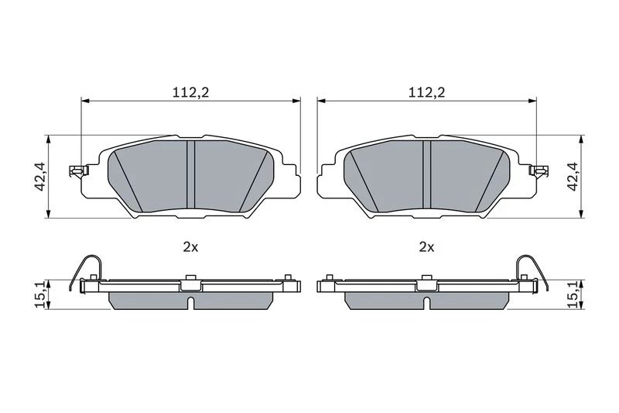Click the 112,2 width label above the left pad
coord(190,92)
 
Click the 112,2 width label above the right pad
coord(426,92)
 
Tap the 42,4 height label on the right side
coord(573,177)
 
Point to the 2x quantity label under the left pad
coord(190,247)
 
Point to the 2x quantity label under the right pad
coord(426,247)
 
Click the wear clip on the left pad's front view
coord(78,171)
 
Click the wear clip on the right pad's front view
coord(539,171)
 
